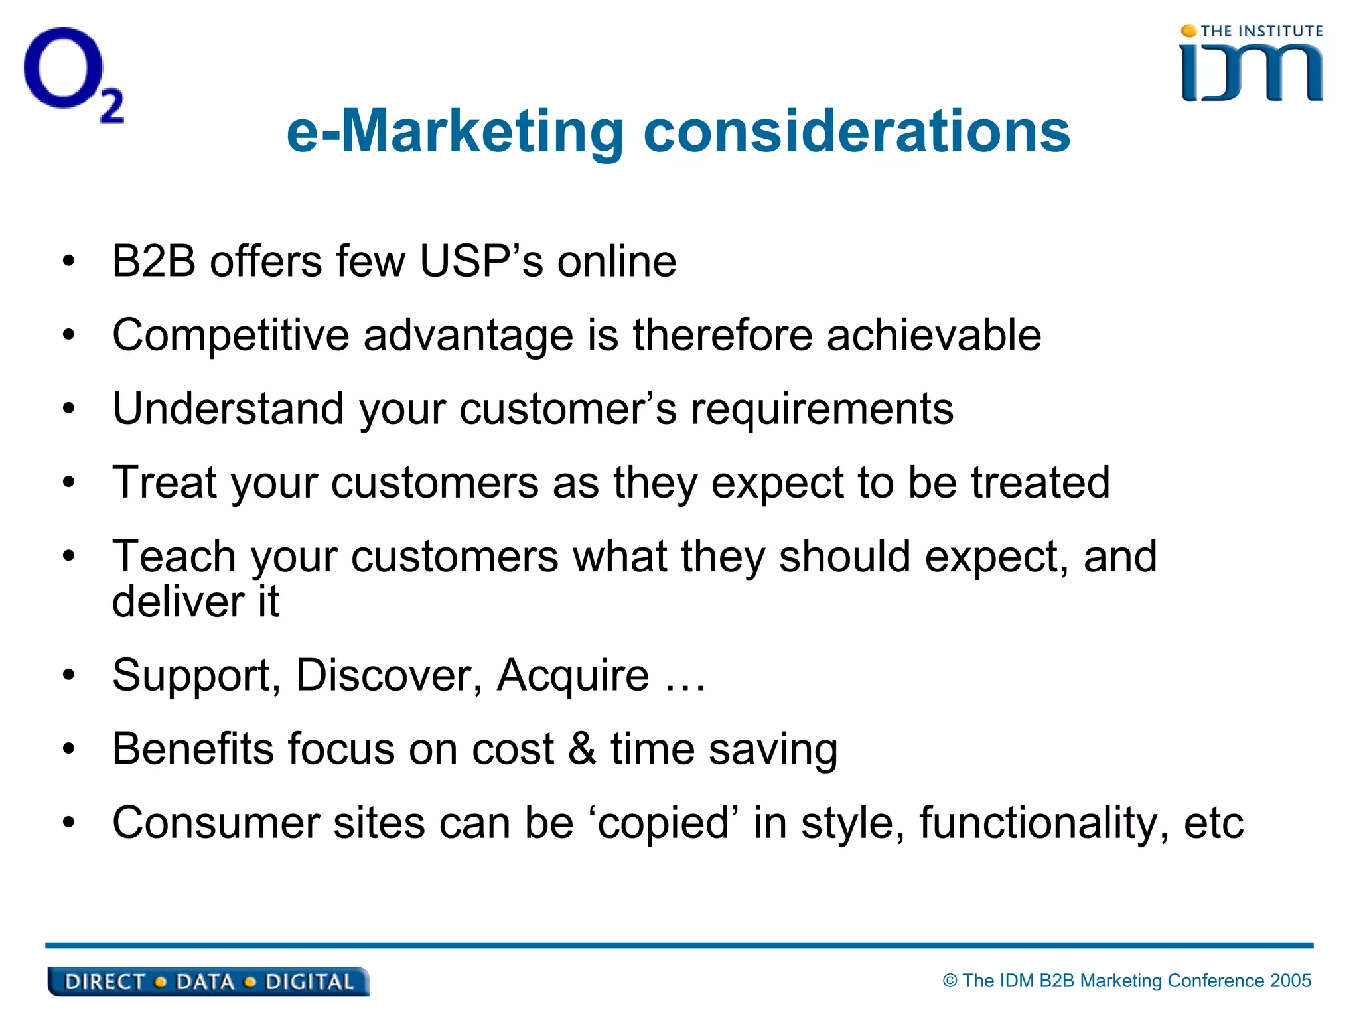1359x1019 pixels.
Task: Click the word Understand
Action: (228, 409)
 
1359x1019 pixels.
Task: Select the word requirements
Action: (822, 409)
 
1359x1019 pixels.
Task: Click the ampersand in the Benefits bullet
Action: (582, 749)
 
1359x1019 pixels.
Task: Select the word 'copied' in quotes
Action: (664, 823)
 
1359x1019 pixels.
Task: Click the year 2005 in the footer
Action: (1290, 981)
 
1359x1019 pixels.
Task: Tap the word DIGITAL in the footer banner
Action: (309, 982)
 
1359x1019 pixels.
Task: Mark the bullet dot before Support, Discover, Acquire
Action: (69, 675)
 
